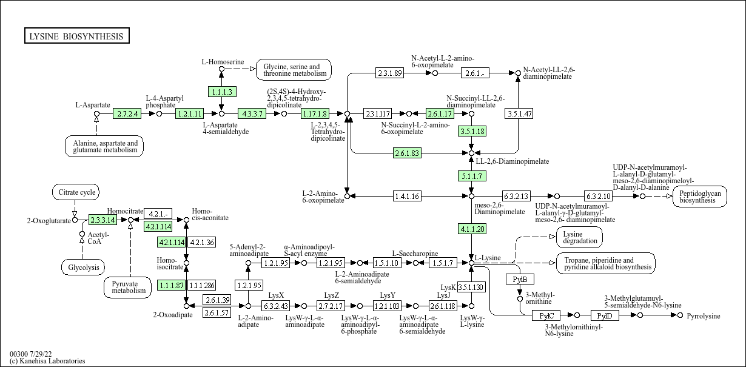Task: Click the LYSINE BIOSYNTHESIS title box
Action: pyautogui.click(x=76, y=36)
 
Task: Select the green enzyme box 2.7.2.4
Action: pyautogui.click(x=127, y=113)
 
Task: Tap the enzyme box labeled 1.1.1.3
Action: pyautogui.click(x=221, y=92)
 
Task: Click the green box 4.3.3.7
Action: pyautogui.click(x=252, y=113)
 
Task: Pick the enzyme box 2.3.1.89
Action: pyautogui.click(x=389, y=73)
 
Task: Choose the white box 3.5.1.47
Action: pyautogui.click(x=519, y=113)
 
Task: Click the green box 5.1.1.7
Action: pyautogui.click(x=472, y=176)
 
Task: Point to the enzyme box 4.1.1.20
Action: pyautogui.click(x=472, y=229)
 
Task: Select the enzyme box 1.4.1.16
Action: pyautogui.click(x=407, y=196)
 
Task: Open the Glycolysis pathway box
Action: pyautogui.click(x=83, y=267)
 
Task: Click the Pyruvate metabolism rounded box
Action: pyautogui.click(x=129, y=287)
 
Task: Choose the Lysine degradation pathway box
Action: pyautogui.click(x=579, y=237)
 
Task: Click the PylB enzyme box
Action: pyautogui.click(x=520, y=279)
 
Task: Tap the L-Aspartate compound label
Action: pyautogui.click(x=93, y=105)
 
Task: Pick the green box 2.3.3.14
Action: pyautogui.click(x=102, y=220)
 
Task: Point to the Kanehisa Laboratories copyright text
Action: pyautogui.click(x=47, y=361)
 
